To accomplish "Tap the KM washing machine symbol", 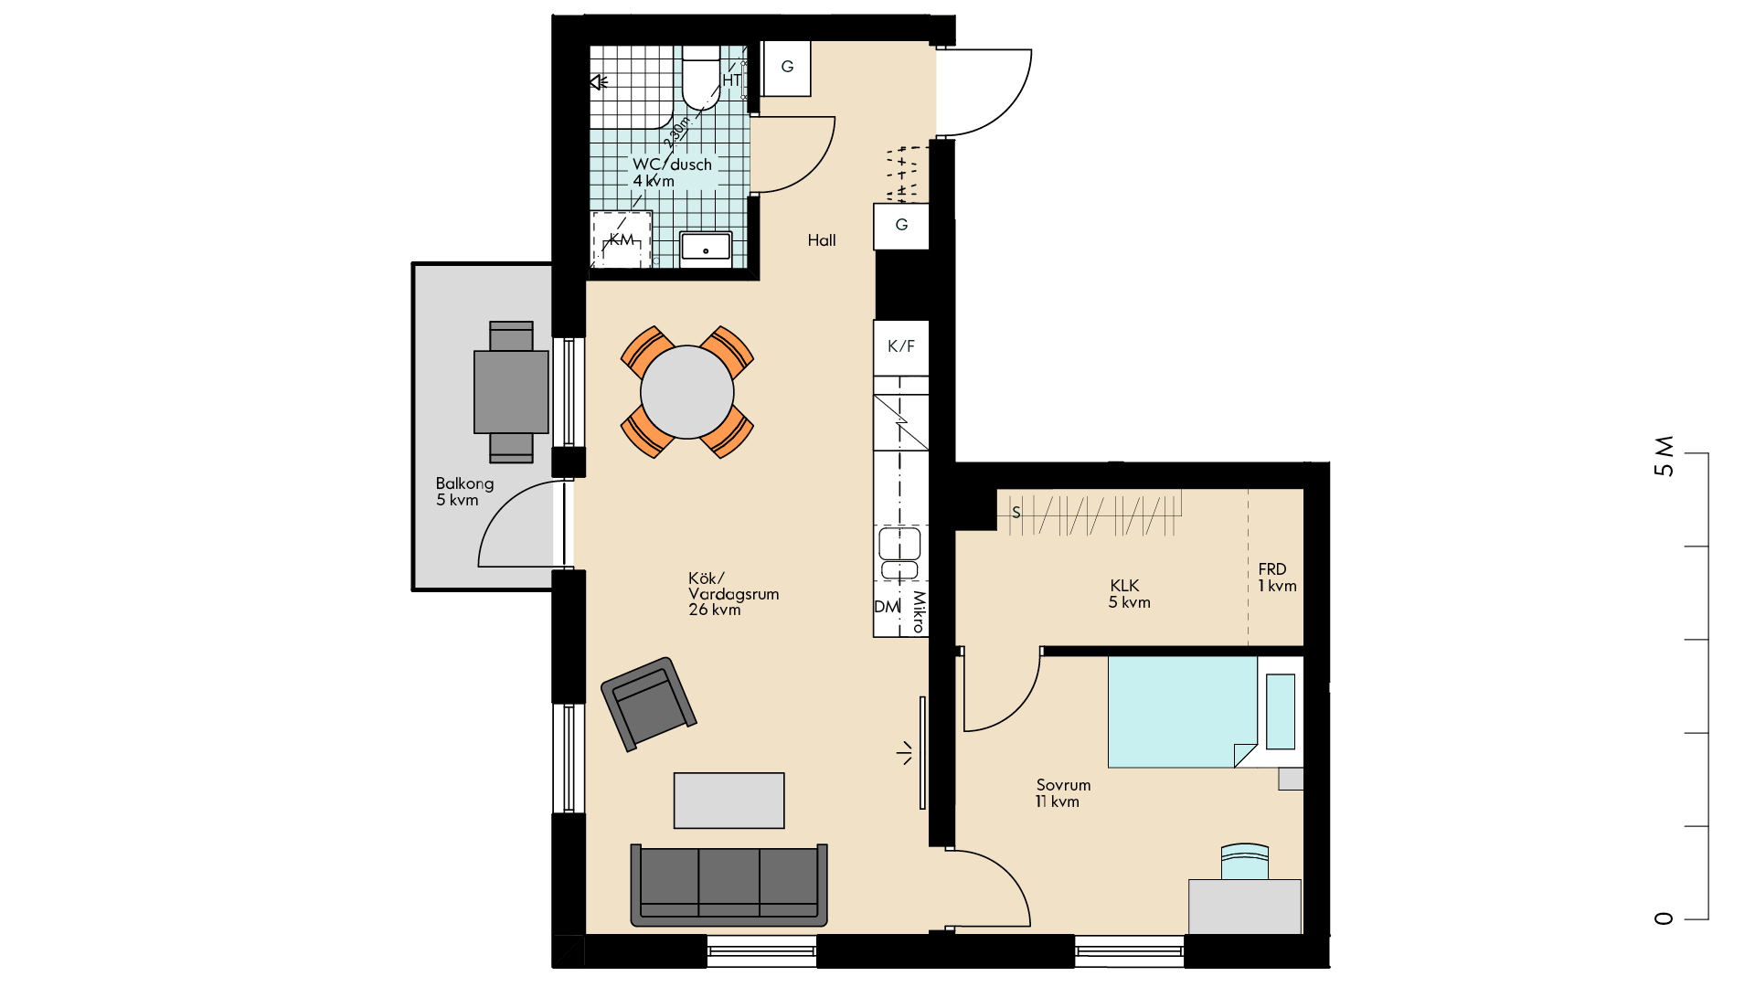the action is coord(622,239).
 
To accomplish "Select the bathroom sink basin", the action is coord(706,247).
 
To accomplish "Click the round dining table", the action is coord(687,392).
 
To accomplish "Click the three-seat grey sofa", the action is coord(729,885).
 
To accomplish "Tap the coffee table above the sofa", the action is coord(729,801).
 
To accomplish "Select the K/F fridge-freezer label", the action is coord(901,346).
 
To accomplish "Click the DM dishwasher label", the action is coord(887,607).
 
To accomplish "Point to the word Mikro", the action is coord(918,611).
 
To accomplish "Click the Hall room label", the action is coord(822,240).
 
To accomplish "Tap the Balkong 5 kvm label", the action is coord(464,492).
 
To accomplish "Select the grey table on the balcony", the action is coord(511,392).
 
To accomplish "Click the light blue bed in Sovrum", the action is coord(1183,712).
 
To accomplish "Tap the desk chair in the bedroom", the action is coord(1245,861).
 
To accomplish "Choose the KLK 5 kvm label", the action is coord(1129,594).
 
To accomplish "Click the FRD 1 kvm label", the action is coord(1277,578).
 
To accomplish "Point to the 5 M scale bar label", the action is coord(1665,456).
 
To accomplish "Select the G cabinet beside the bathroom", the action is coord(787,68).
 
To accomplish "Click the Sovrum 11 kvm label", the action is coord(1063,793).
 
